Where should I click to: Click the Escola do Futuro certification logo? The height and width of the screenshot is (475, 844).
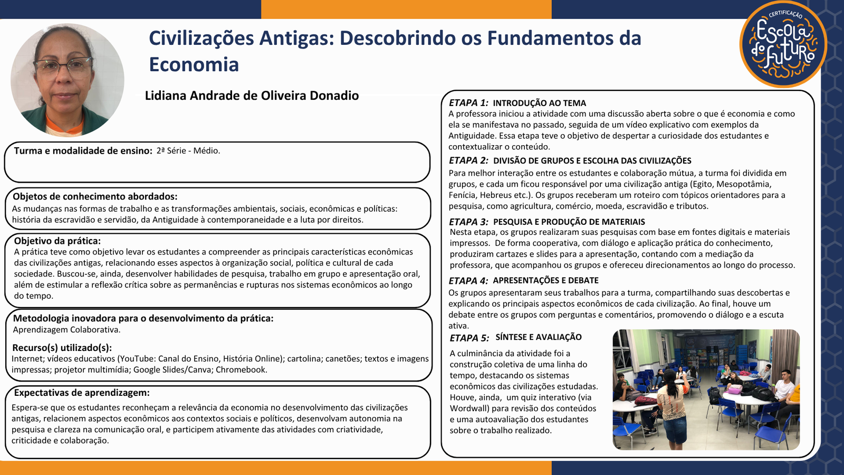783,44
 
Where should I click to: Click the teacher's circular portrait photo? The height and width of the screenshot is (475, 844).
68,80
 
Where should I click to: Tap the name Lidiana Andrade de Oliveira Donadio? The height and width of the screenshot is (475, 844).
252,96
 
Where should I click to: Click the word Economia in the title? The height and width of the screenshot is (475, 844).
194,64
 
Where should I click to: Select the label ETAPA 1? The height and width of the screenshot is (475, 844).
468,102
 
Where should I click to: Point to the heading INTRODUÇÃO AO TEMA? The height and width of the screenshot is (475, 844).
540,103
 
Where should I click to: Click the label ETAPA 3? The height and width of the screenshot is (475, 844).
468,222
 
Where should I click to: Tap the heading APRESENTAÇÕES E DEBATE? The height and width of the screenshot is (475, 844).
545,280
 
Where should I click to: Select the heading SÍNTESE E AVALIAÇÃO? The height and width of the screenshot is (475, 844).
539,337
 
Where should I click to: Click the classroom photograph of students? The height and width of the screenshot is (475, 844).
706,389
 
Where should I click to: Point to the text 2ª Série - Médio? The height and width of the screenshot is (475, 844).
188,151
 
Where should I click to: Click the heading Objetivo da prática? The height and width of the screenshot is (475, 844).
57,241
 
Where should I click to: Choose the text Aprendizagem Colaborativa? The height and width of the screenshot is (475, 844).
66,329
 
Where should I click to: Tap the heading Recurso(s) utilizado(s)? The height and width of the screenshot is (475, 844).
62,348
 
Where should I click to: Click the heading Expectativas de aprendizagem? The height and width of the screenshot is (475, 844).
82,393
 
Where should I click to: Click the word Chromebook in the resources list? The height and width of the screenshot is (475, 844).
242,369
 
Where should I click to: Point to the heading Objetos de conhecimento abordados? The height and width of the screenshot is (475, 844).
95,196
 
